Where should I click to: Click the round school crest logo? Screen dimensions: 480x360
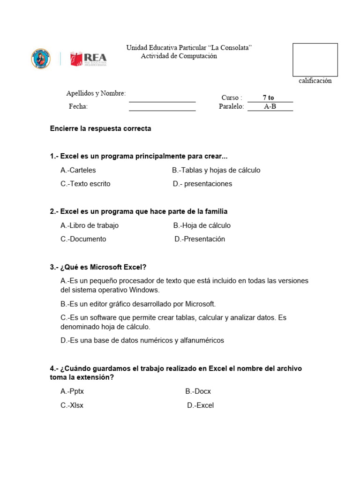(41, 59)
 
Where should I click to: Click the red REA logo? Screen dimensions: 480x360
(89, 59)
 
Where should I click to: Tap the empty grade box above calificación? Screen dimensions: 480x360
(315, 60)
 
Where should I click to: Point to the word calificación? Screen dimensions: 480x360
(315, 81)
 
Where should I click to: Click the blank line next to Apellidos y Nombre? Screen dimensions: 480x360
(162, 99)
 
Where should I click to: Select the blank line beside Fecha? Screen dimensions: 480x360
(162, 108)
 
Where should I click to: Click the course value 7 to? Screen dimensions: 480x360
(269, 97)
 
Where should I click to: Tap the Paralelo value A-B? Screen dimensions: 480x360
(270, 106)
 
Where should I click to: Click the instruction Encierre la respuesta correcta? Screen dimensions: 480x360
(100, 128)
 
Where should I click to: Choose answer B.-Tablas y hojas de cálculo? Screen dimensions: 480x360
(216, 170)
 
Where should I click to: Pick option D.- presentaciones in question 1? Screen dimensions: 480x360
(202, 184)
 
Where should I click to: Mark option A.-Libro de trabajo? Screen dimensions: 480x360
(90, 225)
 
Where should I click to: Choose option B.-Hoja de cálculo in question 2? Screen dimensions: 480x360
(202, 225)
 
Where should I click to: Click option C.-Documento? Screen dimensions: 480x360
(83, 239)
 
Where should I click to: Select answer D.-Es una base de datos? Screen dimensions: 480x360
(142, 340)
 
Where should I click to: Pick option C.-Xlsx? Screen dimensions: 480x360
(72, 405)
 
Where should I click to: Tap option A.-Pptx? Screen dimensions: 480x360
(72, 391)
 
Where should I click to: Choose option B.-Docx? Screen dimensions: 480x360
(198, 391)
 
